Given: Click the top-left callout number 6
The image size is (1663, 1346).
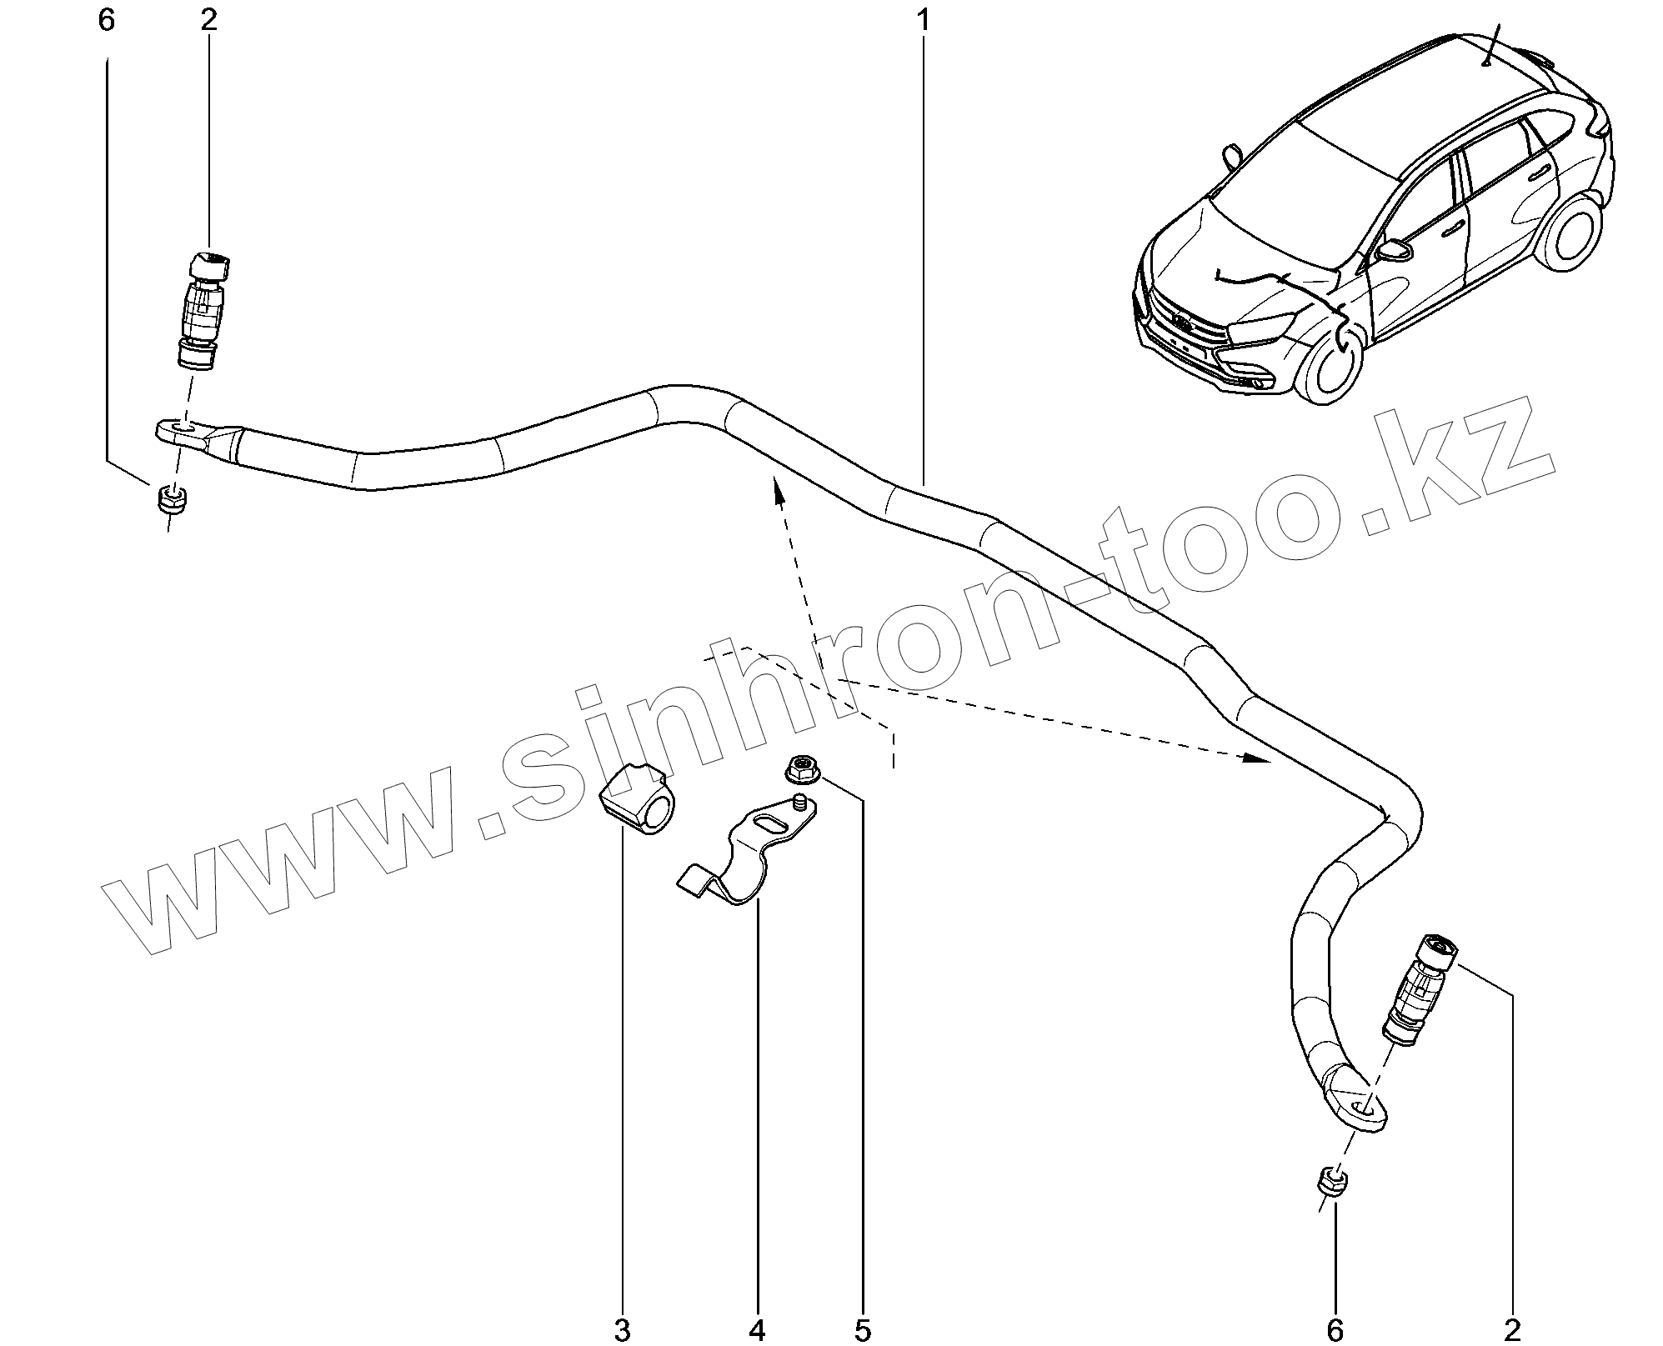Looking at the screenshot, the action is click(x=106, y=20).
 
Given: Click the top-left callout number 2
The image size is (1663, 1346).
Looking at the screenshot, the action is click(x=208, y=20).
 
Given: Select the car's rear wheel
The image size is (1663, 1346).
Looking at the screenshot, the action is click(x=1573, y=233).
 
